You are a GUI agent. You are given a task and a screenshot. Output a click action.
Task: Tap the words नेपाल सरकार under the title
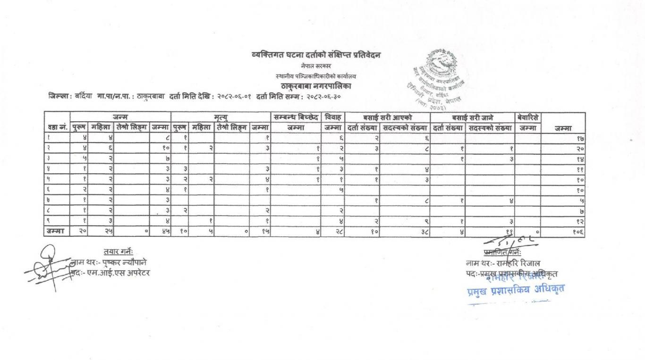point(316,67)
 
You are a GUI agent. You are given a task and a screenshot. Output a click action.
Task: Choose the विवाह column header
point(333,117)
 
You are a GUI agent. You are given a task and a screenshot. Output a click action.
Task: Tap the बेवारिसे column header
point(528,117)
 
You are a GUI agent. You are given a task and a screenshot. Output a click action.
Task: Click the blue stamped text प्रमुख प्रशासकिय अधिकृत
point(515,287)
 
